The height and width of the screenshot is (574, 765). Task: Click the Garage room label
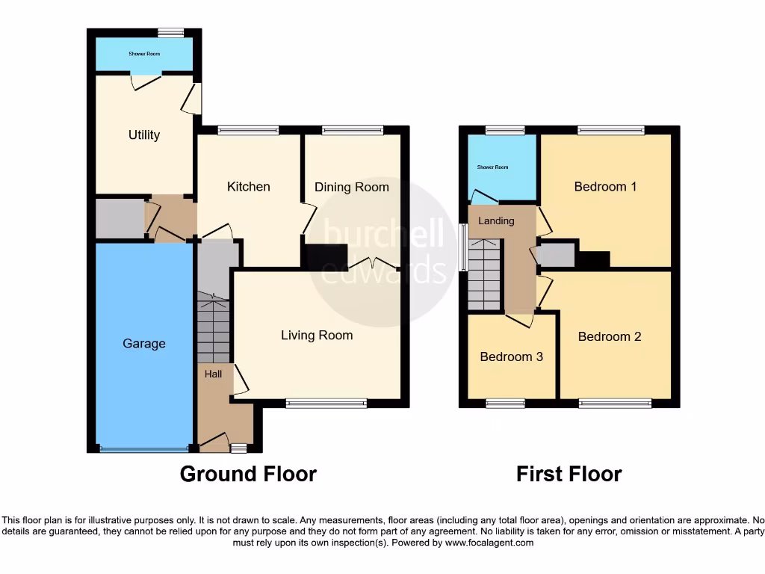click(144, 344)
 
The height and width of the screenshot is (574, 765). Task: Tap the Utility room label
click(144, 135)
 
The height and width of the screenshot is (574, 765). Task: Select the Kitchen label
click(249, 187)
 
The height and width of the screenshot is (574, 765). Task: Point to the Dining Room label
click(351, 187)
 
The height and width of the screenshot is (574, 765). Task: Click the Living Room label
click(317, 336)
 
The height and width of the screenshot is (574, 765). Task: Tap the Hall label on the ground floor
click(213, 374)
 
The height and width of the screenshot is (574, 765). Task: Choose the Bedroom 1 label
click(605, 187)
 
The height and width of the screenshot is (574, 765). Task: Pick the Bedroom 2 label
click(610, 337)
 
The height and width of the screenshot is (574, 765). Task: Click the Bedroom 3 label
click(511, 357)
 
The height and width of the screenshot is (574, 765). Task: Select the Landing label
click(496, 221)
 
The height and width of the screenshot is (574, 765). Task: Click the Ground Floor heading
click(248, 474)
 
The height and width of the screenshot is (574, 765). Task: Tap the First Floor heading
click(569, 474)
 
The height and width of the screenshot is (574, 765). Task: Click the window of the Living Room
click(326, 404)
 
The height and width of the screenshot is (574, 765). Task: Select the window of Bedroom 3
click(505, 404)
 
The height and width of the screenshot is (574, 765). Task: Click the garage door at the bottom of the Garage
click(144, 449)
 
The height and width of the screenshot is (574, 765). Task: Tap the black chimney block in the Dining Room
click(326, 256)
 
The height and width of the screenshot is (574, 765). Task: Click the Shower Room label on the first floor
click(492, 167)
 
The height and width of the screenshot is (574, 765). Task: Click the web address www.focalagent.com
click(489, 543)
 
